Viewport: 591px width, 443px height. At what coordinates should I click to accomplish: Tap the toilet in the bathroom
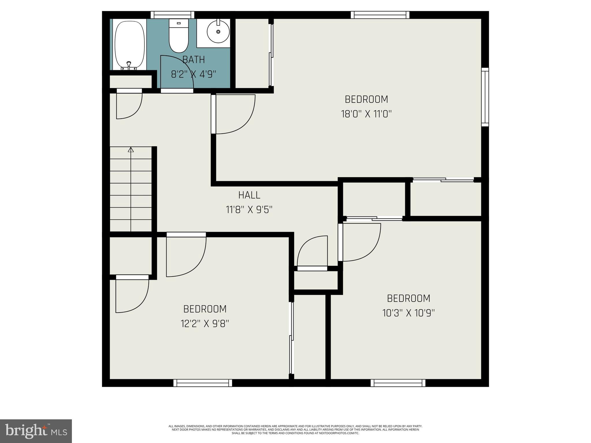click(178, 36)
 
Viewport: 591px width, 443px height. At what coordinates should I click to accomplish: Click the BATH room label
click(194, 60)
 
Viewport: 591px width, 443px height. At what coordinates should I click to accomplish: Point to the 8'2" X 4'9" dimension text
click(194, 74)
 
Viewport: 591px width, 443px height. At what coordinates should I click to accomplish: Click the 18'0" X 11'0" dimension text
click(366, 114)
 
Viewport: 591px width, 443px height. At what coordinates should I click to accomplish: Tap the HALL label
click(249, 195)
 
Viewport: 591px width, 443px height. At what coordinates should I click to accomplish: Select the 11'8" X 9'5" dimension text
click(249, 210)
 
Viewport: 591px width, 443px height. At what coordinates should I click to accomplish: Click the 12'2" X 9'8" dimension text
click(205, 324)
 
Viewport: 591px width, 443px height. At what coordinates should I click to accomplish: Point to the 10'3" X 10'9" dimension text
click(409, 313)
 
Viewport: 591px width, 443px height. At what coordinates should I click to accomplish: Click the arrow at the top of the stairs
click(131, 149)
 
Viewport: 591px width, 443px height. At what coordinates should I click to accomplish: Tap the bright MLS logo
click(36, 431)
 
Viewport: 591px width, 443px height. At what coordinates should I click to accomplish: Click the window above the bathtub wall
click(172, 15)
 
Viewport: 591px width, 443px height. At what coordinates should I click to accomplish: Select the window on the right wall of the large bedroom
click(485, 97)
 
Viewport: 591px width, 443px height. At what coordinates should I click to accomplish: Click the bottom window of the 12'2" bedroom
click(203, 383)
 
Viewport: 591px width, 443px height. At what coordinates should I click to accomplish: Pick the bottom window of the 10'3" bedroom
click(398, 383)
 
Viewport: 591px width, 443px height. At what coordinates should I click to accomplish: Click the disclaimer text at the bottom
click(295, 429)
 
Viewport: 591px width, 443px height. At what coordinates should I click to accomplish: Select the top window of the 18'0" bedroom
click(380, 15)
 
